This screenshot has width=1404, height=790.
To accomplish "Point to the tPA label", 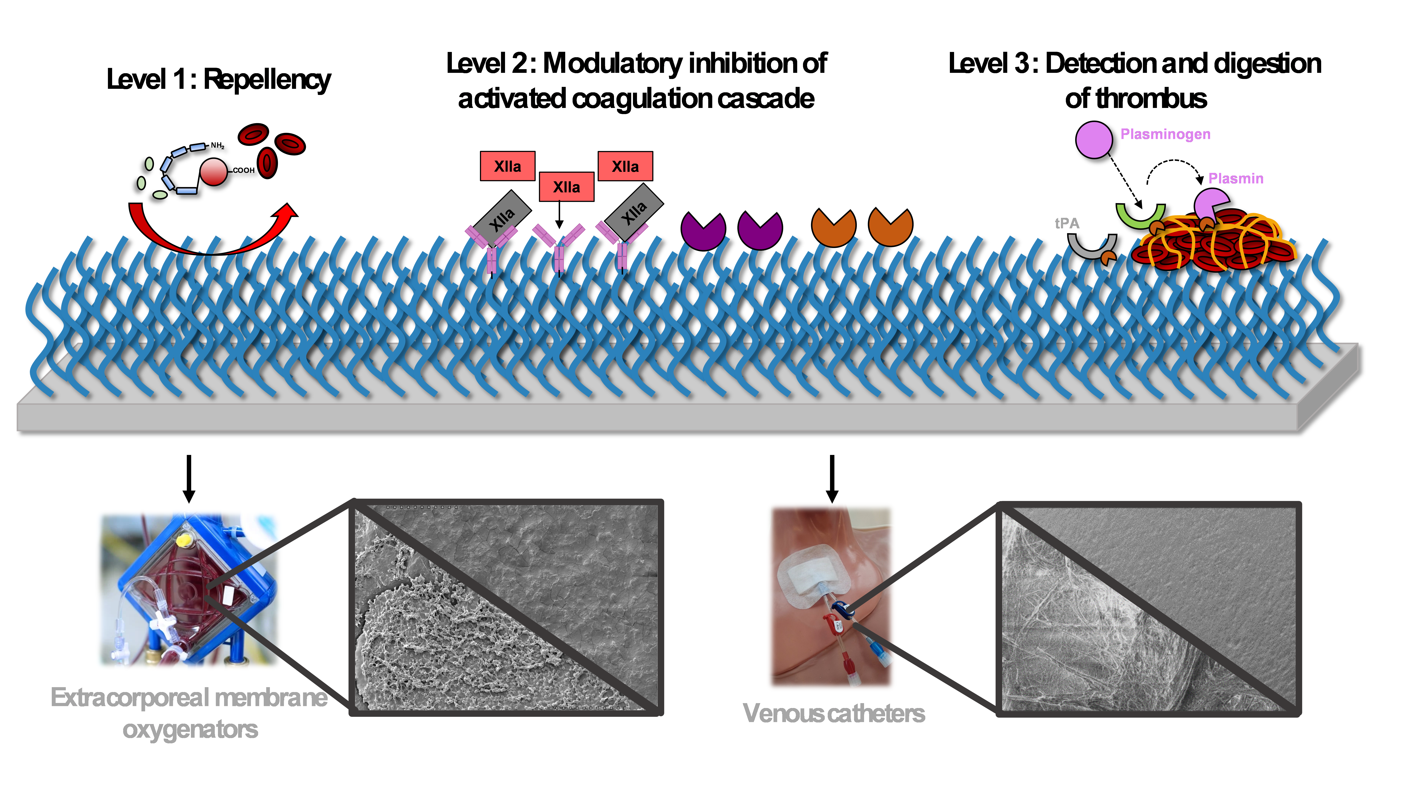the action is (x=1067, y=223).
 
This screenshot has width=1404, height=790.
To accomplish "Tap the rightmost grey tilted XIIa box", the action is (x=634, y=211).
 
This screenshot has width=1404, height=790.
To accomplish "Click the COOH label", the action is (x=244, y=170).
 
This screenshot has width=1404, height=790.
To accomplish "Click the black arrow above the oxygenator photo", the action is (x=189, y=479).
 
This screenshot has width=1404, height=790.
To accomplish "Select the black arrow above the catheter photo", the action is (x=832, y=479).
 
